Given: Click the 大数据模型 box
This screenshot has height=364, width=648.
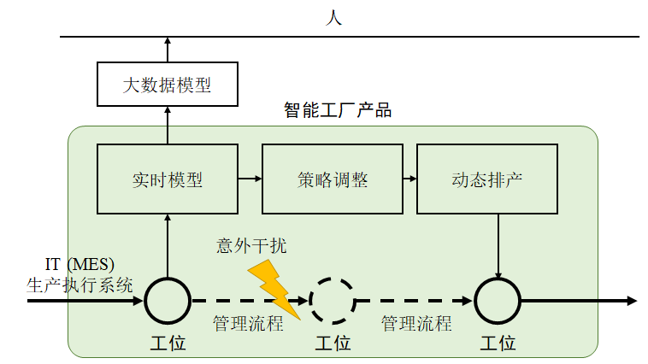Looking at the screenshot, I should pos(167,84).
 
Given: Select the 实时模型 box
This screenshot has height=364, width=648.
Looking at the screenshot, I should pos(167,179).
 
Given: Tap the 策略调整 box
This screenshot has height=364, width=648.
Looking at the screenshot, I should pos(332,179).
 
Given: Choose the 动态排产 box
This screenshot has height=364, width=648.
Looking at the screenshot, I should pos(486,179).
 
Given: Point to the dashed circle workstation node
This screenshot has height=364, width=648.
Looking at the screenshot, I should pos(332,301).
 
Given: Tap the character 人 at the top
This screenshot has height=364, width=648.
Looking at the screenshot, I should pos(334,17).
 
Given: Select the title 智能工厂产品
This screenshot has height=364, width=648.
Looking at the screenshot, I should pos(338,111).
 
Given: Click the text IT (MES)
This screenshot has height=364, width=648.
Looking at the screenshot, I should pos(80,265).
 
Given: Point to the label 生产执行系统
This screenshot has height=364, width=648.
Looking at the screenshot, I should pos(80,285).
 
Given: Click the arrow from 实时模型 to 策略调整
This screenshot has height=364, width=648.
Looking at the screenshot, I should pos(250,179).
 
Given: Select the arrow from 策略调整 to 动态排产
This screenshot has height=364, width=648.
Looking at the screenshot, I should pos(409,179).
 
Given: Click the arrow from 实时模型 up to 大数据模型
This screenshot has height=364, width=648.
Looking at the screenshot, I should pos(168,125).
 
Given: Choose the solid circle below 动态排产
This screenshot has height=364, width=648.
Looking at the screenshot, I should pos(498,301).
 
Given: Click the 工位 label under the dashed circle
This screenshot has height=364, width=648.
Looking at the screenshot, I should pos(333,343).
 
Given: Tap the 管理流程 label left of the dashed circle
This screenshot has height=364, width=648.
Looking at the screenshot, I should pos(248,324).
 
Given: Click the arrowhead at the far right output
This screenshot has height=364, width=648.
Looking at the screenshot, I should pos(632,301).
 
